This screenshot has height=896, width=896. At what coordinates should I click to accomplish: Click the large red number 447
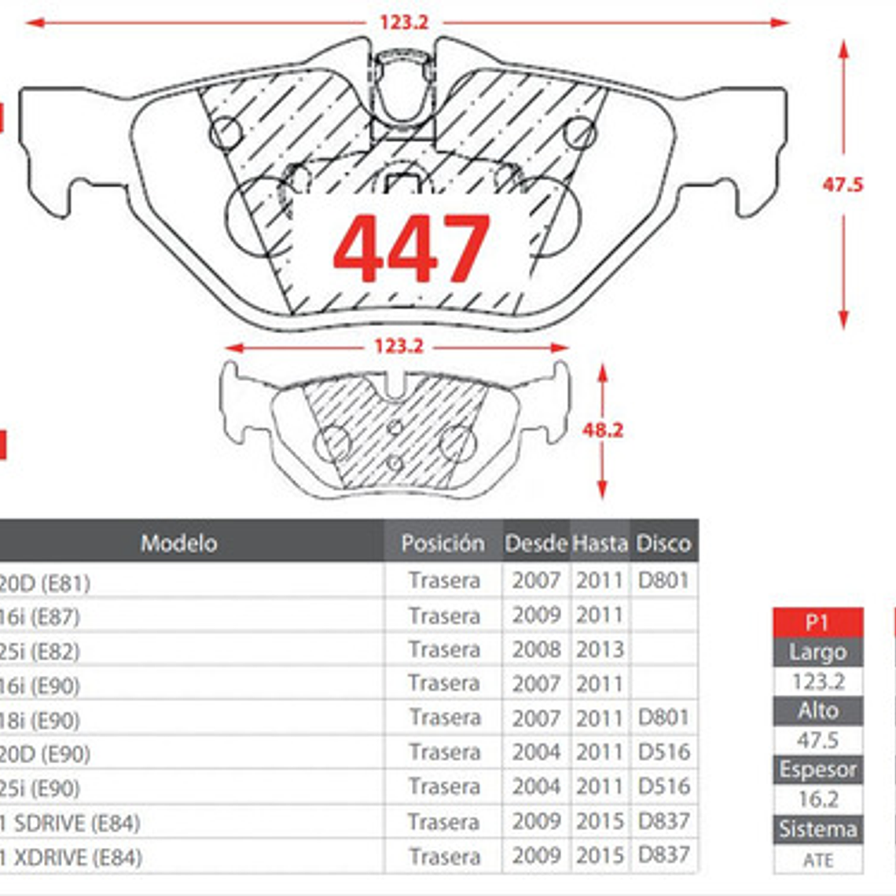coord(412,248)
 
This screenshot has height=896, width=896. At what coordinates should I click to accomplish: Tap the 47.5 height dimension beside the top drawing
coord(843,185)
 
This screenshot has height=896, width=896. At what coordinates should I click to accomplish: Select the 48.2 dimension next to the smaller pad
coord(603,430)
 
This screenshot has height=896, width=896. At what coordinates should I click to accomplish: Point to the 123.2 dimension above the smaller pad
coord(398,346)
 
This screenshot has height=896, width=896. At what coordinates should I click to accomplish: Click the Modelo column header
coord(178,542)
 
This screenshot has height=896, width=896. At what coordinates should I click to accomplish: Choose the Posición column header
coord(442,542)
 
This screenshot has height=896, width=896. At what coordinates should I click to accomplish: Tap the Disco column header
coord(663,542)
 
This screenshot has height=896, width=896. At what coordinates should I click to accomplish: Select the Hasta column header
coord(600,542)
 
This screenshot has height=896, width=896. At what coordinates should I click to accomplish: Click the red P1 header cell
coord(817,622)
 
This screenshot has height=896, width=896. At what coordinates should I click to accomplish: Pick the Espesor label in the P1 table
coord(817,769)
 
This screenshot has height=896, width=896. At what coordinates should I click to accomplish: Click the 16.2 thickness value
coord(817,799)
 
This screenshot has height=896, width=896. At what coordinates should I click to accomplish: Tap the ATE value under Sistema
coord(817,859)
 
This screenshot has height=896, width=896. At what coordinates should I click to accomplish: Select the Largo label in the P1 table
coord(817,652)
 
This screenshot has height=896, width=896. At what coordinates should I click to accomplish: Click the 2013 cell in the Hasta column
coord(600,650)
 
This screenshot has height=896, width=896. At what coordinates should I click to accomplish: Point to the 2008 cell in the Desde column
coord(536,650)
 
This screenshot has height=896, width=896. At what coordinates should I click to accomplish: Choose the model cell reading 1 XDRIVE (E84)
coord(71,857)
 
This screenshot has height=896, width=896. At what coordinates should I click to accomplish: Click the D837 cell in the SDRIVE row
coord(663,821)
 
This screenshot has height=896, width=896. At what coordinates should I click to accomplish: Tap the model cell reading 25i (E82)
coord(39,651)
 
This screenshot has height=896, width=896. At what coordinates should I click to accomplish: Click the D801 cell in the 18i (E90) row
coord(663,718)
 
